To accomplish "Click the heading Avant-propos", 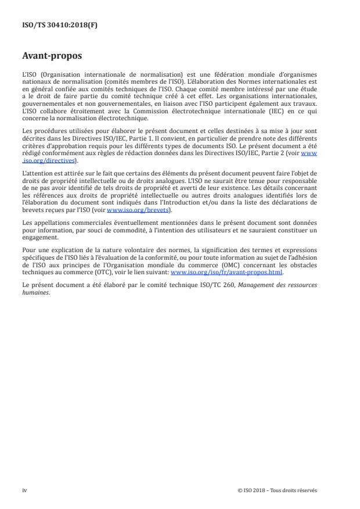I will click(x=52, y=57).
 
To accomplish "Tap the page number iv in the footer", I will click(x=24, y=490).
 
